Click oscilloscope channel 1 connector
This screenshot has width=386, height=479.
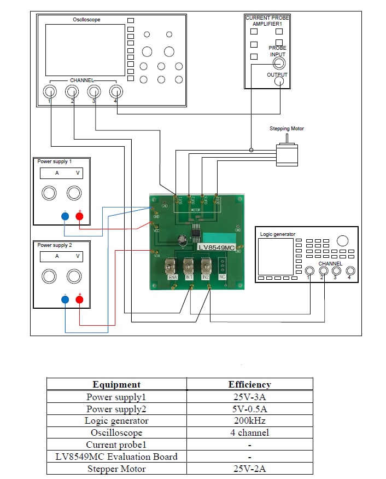click(x=50, y=91)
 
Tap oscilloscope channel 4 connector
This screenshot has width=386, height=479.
click(x=115, y=91)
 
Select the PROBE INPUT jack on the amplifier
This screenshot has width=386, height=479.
click(x=279, y=64)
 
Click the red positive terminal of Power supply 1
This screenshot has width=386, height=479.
click(x=79, y=216)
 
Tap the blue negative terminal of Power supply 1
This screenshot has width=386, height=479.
click(x=65, y=216)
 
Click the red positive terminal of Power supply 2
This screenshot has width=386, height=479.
click(x=79, y=299)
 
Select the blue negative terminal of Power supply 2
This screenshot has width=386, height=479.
click(x=65, y=299)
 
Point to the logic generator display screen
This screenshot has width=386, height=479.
click(x=276, y=256)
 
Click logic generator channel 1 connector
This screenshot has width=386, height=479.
click(x=310, y=270)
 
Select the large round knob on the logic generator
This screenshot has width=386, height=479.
click(x=343, y=241)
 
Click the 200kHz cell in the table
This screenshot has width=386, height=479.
click(x=249, y=421)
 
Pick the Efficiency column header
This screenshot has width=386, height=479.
click(x=249, y=384)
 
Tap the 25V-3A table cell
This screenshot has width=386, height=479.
click(x=249, y=397)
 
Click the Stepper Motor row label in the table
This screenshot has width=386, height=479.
click(x=116, y=469)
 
